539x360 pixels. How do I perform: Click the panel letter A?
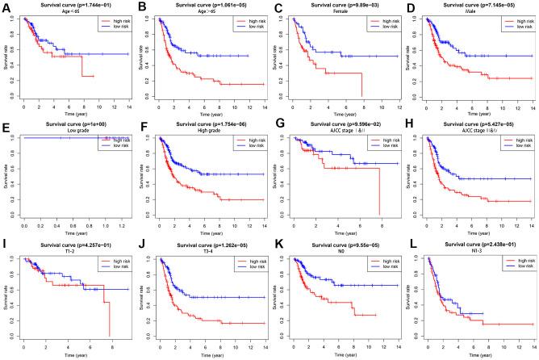coord(6,6)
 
